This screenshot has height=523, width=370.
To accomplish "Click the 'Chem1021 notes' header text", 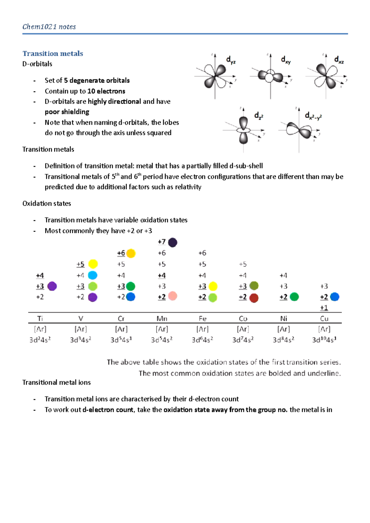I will coord(49,27).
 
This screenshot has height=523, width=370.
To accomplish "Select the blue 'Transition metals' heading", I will coord(53,54).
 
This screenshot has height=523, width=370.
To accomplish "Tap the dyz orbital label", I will coord(231,60).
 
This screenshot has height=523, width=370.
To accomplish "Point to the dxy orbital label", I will coord(286,60).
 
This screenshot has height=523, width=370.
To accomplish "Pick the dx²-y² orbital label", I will coord(313,116).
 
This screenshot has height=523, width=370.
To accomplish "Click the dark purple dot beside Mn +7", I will coord(173,242).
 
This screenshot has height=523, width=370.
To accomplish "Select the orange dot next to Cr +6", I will coord(131,253).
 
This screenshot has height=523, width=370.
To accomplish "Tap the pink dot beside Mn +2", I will coord(173,296).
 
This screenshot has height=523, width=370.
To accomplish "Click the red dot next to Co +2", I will coord(254,298).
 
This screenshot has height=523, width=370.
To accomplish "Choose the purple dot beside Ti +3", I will coord(52,286).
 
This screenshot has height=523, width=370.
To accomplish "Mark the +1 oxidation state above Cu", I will coord(324,308).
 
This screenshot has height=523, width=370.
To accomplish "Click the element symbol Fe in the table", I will coord(203,318).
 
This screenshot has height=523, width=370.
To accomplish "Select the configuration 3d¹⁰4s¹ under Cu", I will coord(324,340).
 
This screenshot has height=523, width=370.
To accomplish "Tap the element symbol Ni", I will coord(284,318).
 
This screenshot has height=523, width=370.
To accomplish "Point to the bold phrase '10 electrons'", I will coord(106,91).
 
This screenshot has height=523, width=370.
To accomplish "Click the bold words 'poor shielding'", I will coord(67,112).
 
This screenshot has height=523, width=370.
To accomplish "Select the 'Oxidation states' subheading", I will coord(47,204).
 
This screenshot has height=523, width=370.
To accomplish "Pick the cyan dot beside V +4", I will coord(92,275).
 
